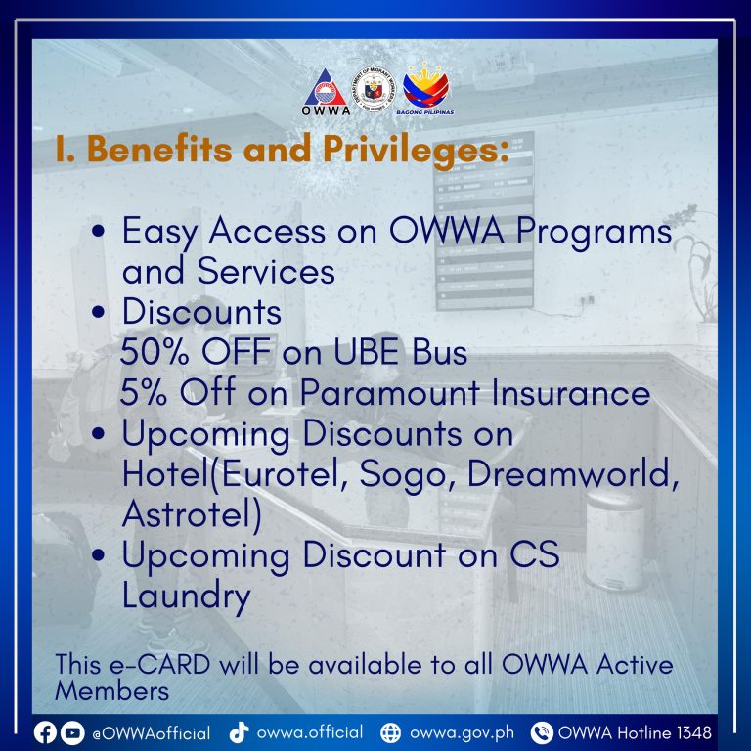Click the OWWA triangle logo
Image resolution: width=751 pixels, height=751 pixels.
[326, 91]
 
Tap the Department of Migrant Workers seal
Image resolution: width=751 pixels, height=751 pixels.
[374, 90]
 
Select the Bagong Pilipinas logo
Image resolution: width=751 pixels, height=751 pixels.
[425, 89]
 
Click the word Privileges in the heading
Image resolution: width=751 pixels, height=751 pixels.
[416, 150]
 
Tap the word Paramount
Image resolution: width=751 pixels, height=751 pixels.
[390, 392]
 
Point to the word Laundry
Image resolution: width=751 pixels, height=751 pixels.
[187, 596]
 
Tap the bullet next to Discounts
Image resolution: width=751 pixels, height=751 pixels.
[98, 312]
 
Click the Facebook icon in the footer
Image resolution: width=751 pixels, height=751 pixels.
[45, 732]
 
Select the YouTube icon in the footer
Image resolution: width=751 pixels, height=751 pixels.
[72, 732]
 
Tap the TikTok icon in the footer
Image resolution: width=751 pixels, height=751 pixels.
[239, 731]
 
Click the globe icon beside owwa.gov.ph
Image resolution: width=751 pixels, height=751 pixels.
[391, 732]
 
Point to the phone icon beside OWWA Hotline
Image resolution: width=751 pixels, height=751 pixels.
[542, 732]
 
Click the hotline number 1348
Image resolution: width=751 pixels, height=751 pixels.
[694, 732]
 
